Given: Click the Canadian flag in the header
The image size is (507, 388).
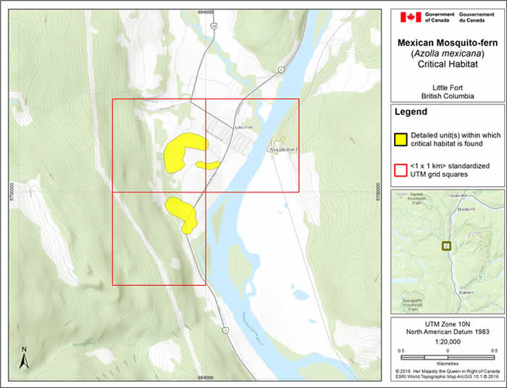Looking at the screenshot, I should click(x=410, y=17).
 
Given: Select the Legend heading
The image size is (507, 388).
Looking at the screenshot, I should click(x=410, y=112).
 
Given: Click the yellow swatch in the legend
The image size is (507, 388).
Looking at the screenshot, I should click(x=399, y=139).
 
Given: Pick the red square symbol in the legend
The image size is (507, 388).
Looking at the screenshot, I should click(x=399, y=170).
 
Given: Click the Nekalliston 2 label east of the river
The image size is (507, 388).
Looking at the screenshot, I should click(x=283, y=150).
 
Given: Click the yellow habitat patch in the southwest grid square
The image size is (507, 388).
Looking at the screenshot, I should click(x=182, y=212).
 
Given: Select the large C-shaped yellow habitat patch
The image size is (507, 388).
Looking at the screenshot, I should click(x=181, y=151).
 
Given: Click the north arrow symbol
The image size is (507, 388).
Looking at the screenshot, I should click(x=24, y=358).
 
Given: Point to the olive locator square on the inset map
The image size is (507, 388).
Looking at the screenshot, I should click(x=446, y=246).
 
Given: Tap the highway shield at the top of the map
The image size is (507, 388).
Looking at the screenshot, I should click(x=214, y=26).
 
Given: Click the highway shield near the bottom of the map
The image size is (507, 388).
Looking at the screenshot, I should click(x=225, y=331).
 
